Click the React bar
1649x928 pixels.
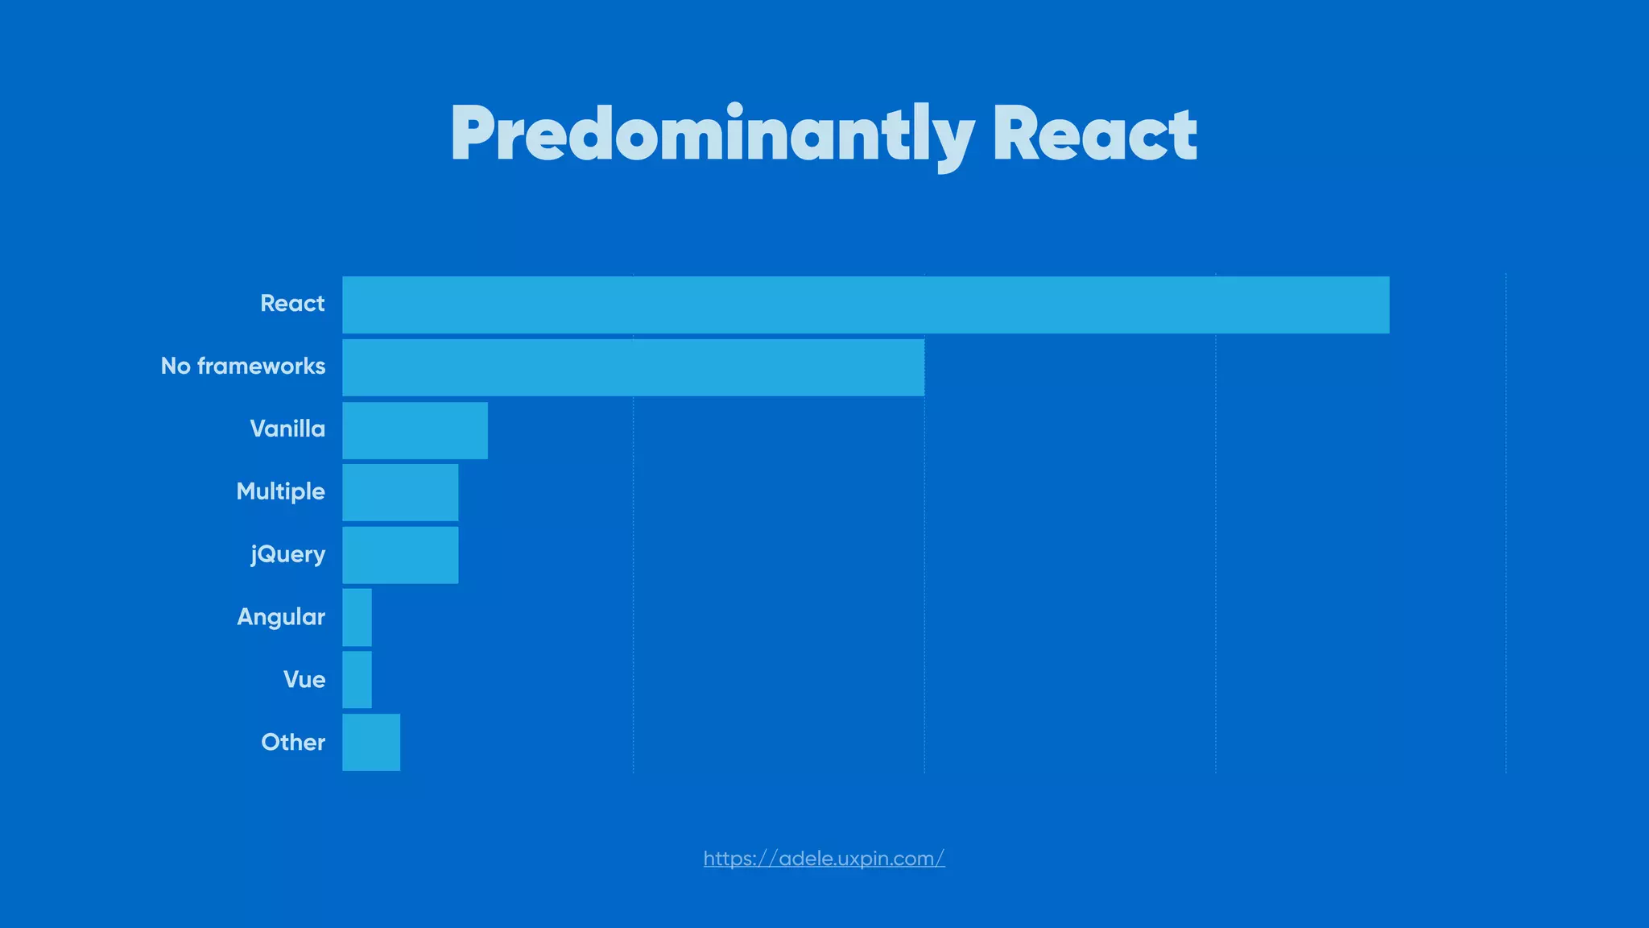point(866,304)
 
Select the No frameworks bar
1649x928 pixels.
point(633,367)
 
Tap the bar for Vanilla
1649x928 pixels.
point(415,430)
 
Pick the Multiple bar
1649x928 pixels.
point(400,492)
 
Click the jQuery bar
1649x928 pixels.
point(400,555)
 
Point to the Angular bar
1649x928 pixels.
point(357,617)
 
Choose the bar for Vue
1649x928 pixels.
point(357,680)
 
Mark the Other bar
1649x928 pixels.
point(371,742)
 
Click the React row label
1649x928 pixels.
point(292,304)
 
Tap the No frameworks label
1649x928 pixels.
point(243,367)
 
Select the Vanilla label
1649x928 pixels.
point(287,429)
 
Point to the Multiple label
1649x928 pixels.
point(280,491)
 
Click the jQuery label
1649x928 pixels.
point(287,554)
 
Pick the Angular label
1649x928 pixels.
point(281,617)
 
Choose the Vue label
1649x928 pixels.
point(304,680)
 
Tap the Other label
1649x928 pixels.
point(293,742)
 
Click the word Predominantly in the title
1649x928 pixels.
point(712,135)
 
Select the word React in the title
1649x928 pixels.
point(1095,135)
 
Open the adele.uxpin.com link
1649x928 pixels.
point(824,859)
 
